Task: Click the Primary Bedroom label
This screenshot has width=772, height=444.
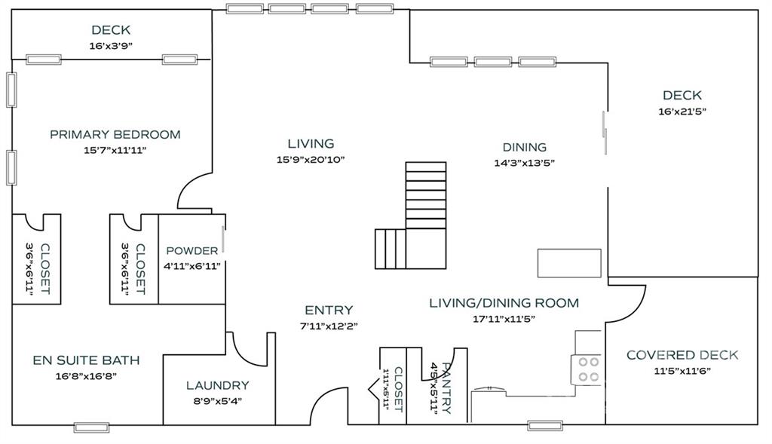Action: point(115,134)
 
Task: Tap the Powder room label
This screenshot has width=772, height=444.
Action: point(192,250)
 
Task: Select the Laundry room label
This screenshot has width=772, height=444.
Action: point(218,385)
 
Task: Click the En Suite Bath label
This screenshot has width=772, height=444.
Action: point(86,360)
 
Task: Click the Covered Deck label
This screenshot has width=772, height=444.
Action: point(682,355)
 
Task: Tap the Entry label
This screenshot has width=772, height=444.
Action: point(329,310)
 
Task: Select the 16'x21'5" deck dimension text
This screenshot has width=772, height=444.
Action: point(682,112)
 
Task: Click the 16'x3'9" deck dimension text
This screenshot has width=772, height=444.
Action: point(112,46)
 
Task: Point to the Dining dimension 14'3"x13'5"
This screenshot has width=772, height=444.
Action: point(525,163)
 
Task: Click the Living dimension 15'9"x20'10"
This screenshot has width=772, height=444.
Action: point(311,160)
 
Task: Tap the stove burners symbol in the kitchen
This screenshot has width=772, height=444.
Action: point(588,369)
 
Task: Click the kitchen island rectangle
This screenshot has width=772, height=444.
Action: point(569,263)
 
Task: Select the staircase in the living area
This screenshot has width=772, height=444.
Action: point(411,216)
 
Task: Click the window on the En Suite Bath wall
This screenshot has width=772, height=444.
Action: point(91,427)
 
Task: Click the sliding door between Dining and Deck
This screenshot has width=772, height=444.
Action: point(605,133)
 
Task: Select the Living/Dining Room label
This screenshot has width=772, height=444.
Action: point(504,303)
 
